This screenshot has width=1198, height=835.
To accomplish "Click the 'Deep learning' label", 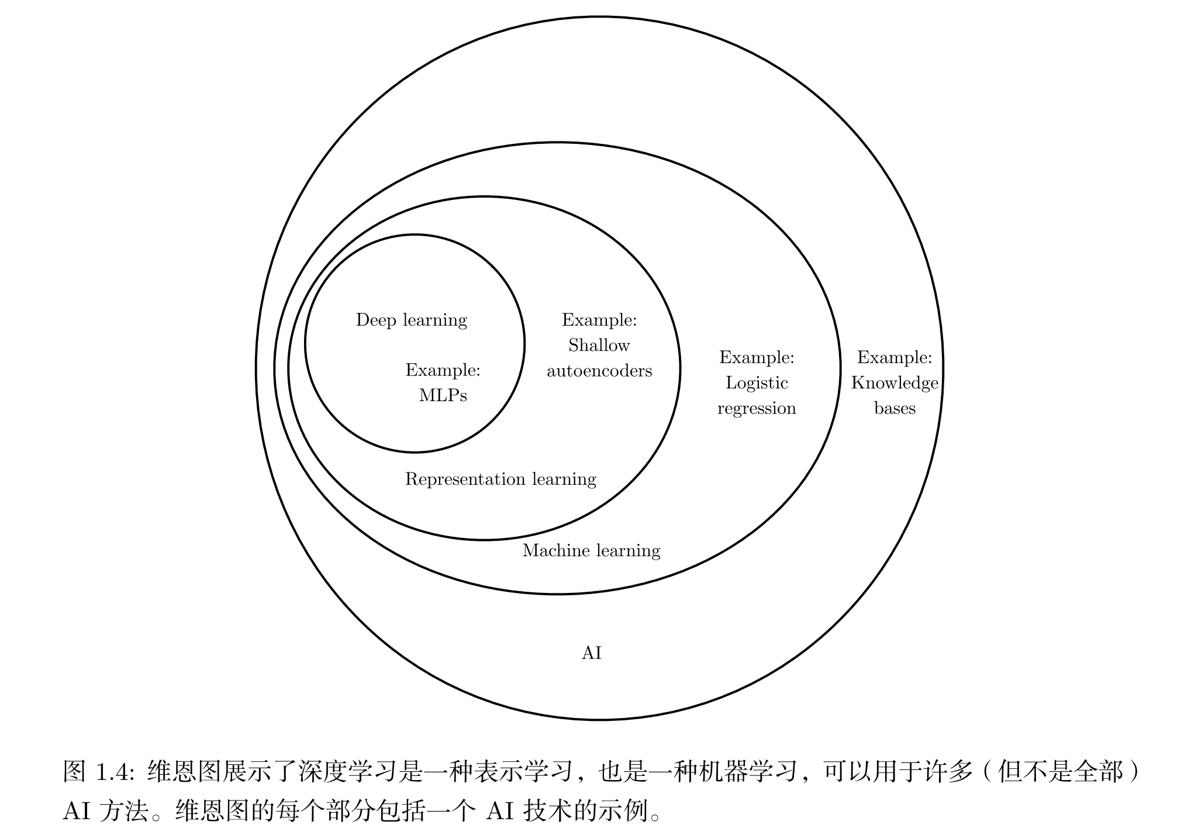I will (x=411, y=320).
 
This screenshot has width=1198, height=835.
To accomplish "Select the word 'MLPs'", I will (x=443, y=396).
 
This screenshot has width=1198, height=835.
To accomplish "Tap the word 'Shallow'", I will (x=599, y=346).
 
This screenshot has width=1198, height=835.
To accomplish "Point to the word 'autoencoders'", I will (x=599, y=371).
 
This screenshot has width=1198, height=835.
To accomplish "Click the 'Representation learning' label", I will (x=500, y=479).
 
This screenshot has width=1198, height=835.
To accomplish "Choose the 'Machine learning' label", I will (x=591, y=551).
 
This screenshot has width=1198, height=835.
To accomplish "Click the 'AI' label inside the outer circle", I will (x=591, y=653).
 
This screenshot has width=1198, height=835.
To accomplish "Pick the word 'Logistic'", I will (x=757, y=383).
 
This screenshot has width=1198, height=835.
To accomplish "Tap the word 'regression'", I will (x=757, y=409).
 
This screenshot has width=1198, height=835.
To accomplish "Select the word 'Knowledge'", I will (x=895, y=383).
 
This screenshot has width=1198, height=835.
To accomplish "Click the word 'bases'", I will (x=895, y=408).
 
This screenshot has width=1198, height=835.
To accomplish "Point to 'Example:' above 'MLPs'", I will (x=443, y=370).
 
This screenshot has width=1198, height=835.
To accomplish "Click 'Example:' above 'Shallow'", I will (x=599, y=320).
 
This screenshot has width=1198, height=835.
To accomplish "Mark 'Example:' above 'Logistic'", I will (x=757, y=357).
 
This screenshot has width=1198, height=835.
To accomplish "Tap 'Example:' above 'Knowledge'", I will (x=895, y=357).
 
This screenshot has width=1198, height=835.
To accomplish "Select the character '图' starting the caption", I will (x=75, y=772).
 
